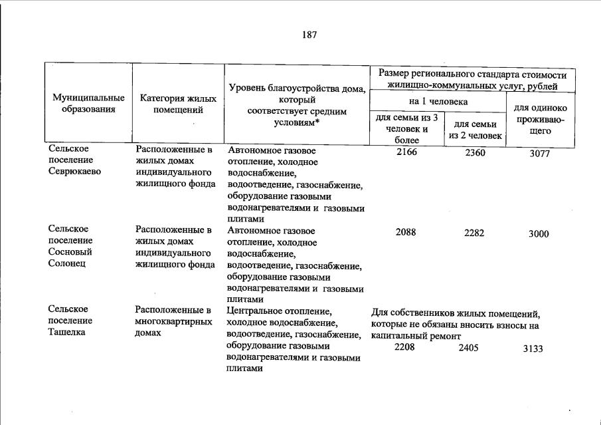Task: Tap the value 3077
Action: (540, 154)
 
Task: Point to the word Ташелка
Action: (66, 333)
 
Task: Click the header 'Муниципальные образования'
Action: (88, 104)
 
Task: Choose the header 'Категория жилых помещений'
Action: (178, 104)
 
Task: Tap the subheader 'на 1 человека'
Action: (438, 102)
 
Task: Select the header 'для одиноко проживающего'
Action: (541, 120)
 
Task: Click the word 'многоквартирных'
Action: (173, 321)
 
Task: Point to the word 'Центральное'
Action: (254, 310)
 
